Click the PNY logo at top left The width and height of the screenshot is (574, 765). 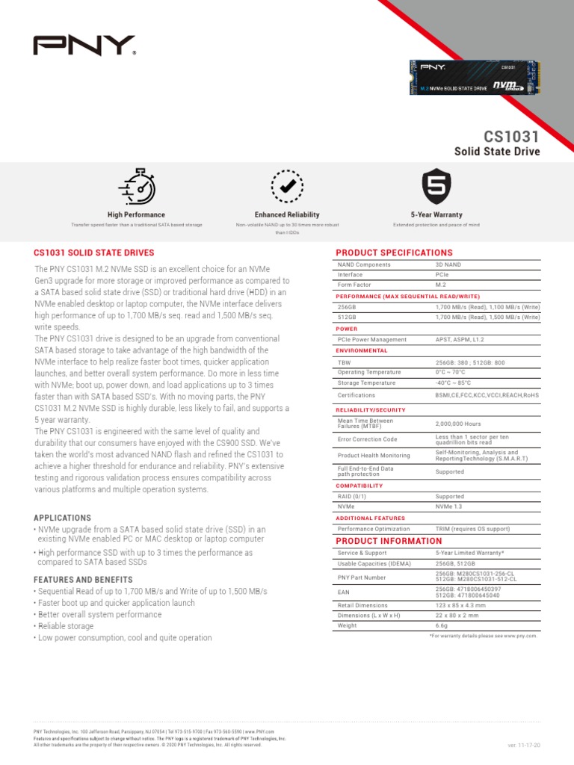point(84,46)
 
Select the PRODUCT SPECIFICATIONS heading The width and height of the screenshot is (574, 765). point(394,253)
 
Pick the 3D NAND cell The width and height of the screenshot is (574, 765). point(449,264)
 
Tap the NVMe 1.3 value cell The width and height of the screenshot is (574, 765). point(450,507)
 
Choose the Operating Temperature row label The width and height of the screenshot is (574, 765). point(369,372)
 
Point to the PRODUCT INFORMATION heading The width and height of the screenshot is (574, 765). point(389,541)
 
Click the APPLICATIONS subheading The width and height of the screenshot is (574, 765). point(63,518)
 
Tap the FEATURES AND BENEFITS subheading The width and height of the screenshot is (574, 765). point(83,580)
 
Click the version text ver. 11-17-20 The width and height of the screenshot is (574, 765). point(524,746)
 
